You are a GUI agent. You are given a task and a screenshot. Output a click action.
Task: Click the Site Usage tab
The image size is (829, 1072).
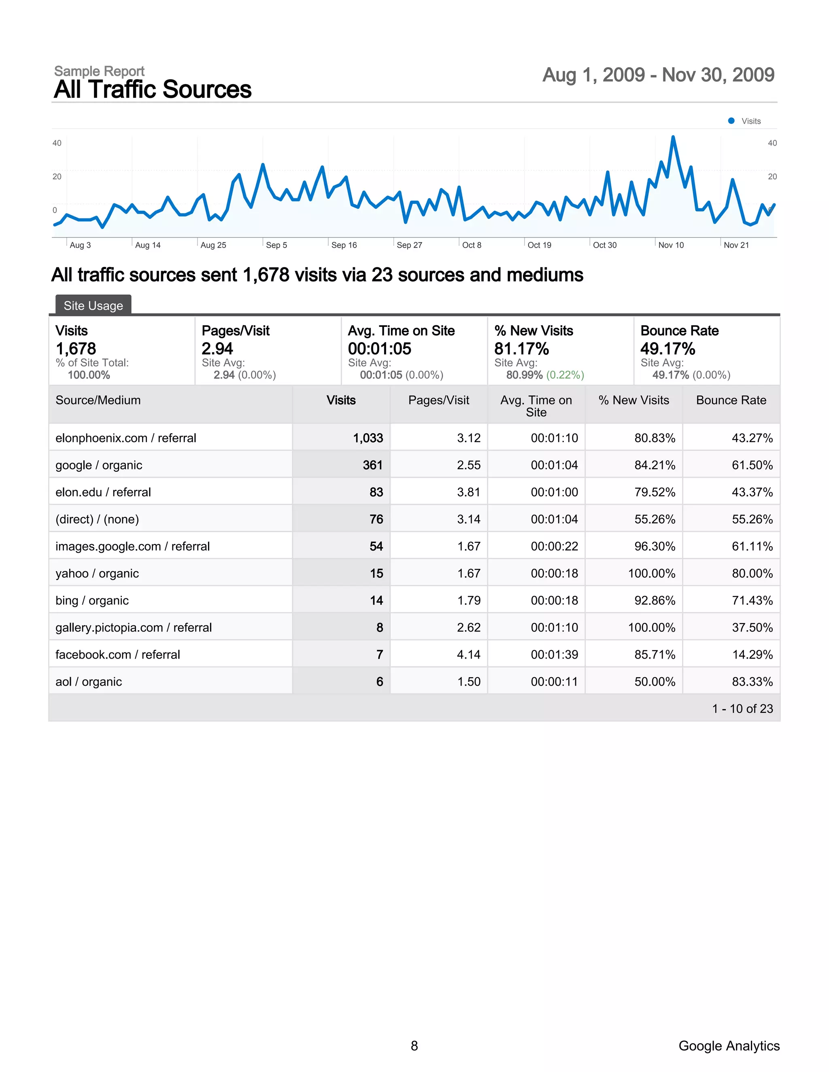point(94,306)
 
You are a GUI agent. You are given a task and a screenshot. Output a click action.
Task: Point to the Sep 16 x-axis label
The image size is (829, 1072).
point(344,245)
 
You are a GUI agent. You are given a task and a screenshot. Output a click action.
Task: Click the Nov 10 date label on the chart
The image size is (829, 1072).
point(671,245)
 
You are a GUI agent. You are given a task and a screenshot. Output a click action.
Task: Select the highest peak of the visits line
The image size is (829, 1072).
point(673,138)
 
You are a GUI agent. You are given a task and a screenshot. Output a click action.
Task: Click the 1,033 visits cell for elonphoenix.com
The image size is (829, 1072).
point(368,438)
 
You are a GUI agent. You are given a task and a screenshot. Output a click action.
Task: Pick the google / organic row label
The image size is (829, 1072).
point(99,465)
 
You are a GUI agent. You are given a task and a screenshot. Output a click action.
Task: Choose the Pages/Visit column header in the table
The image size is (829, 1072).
point(438,400)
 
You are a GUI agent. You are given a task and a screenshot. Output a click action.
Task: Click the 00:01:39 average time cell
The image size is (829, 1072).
point(554,654)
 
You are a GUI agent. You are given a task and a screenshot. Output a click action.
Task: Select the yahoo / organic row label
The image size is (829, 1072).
point(97,573)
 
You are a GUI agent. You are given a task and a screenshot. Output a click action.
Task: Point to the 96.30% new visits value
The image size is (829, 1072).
point(655,546)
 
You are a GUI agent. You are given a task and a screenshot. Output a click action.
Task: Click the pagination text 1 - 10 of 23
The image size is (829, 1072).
point(742,708)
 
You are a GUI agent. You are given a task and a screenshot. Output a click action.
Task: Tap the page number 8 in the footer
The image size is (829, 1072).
point(414,1045)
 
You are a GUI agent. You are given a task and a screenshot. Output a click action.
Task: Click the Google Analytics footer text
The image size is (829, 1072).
point(729,1045)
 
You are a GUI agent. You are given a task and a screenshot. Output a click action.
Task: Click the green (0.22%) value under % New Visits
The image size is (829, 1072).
point(565,375)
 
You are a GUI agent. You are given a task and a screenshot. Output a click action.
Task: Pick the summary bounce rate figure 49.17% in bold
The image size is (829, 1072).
point(667,348)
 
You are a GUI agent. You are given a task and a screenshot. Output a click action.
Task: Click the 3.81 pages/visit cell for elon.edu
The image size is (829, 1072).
point(468,492)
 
